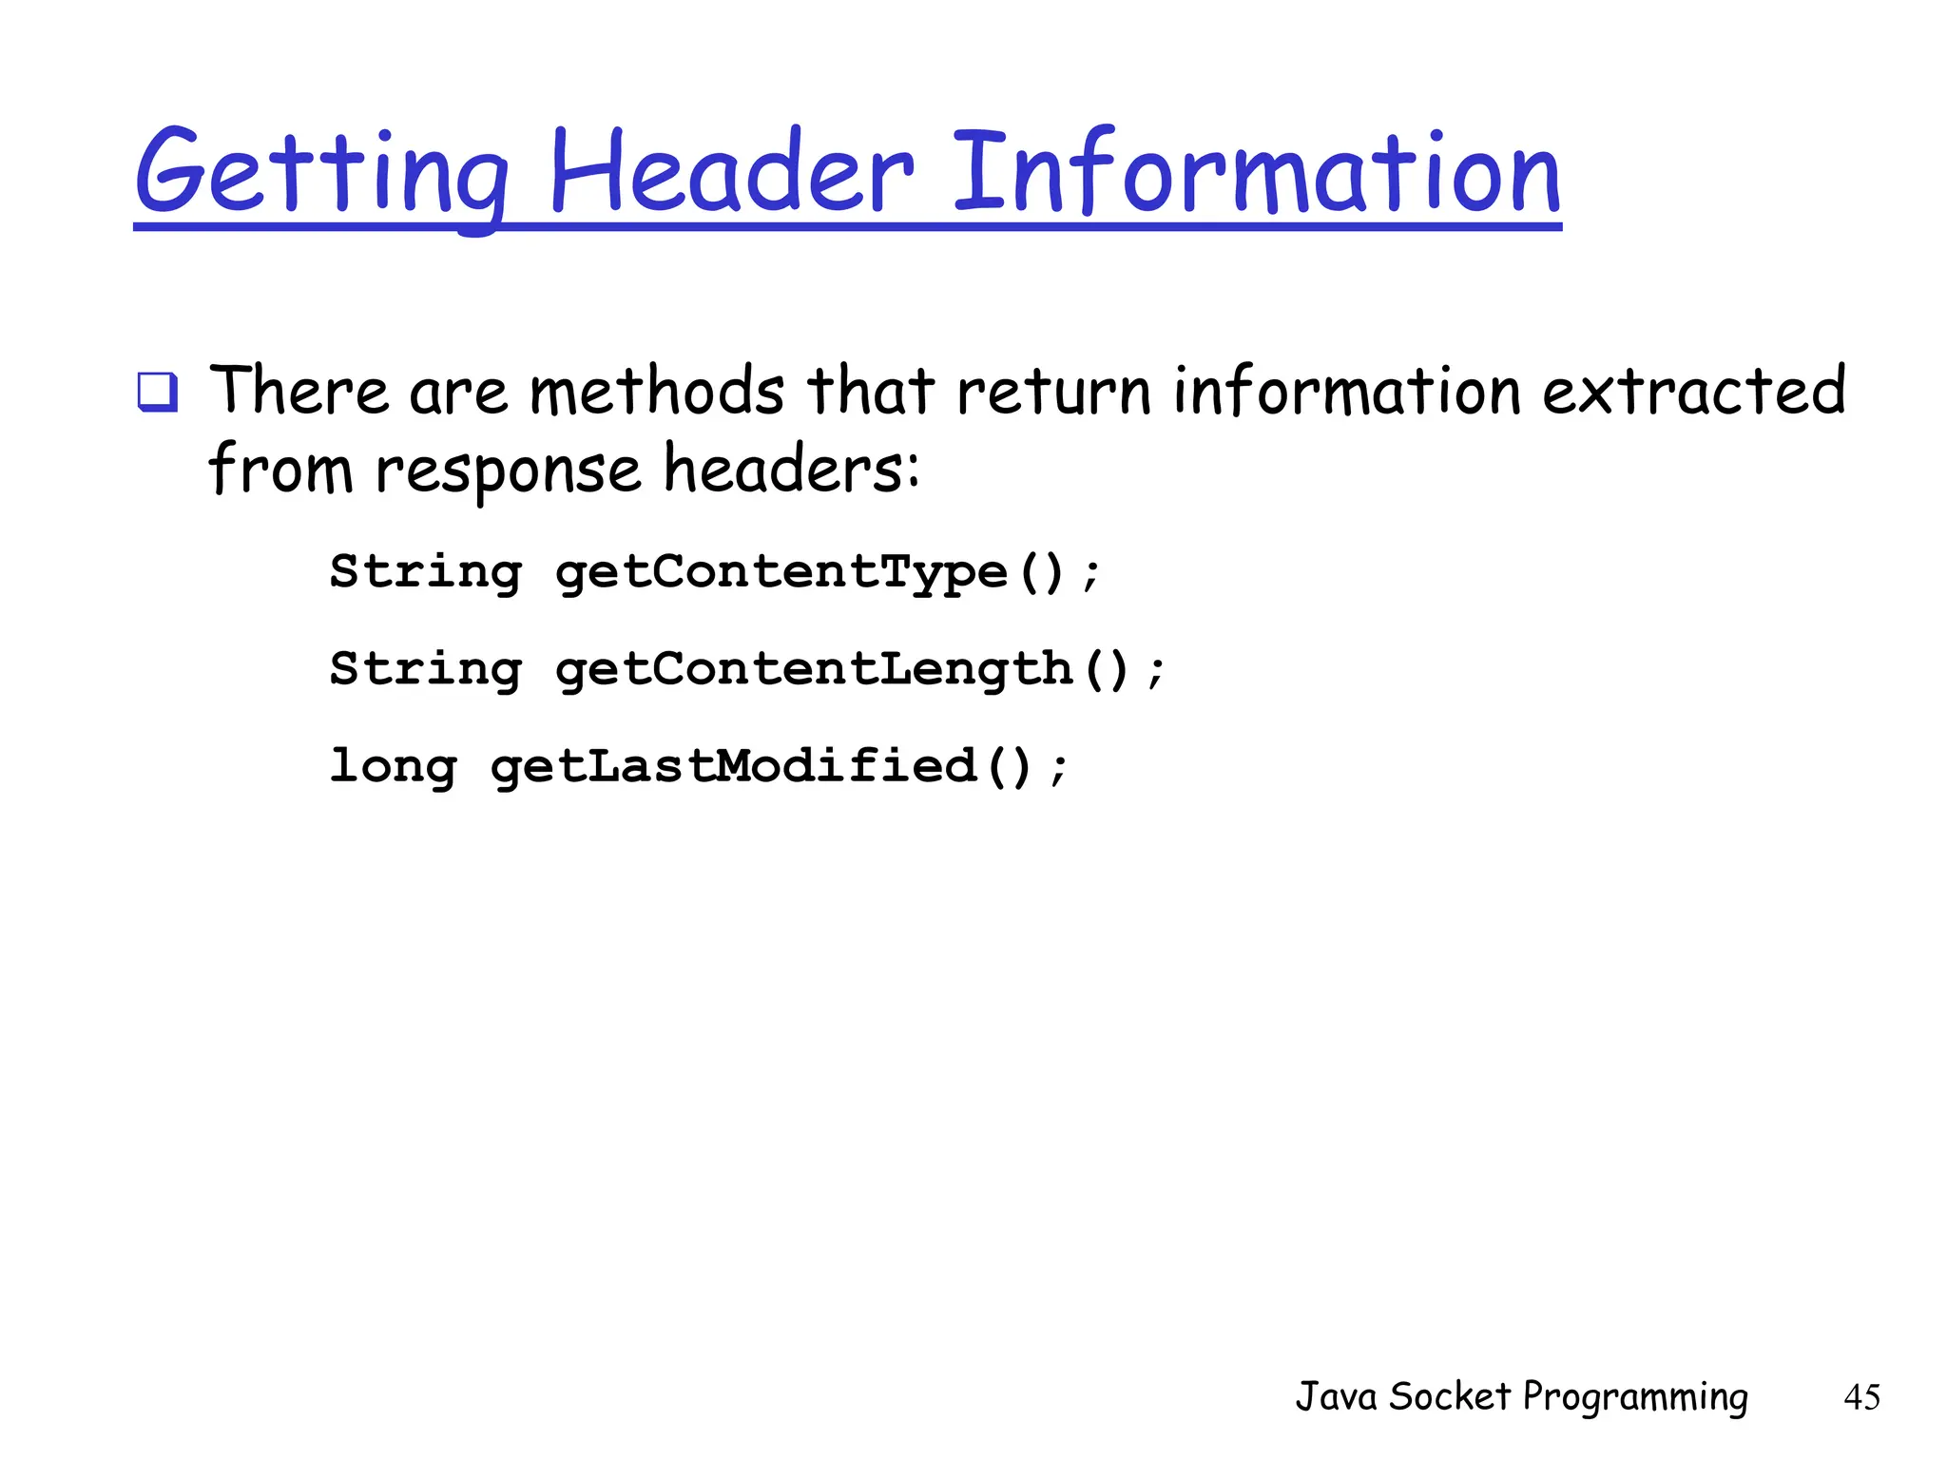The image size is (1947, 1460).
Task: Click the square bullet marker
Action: pos(157,393)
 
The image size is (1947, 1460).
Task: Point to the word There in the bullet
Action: pos(299,391)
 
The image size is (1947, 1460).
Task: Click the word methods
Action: pos(657,391)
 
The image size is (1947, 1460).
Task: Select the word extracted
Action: pos(1693,391)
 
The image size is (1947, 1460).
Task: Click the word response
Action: pos(509,471)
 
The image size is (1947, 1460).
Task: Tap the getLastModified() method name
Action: pos(761,767)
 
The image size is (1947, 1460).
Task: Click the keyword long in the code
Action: pos(393,767)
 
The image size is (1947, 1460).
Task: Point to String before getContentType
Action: pos(426,573)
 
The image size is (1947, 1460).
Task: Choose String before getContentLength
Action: pos(426,670)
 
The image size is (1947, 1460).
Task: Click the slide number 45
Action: pos(1861,1397)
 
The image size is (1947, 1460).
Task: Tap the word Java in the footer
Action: pos(1336,1396)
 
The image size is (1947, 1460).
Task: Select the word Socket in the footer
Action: pos(1450,1396)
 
